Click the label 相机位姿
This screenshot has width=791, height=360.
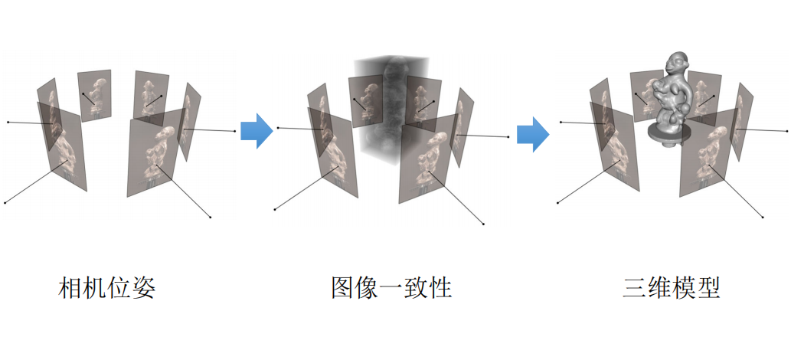[x=107, y=289]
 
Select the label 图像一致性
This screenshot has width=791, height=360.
[x=391, y=289]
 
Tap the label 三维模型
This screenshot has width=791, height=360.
[x=671, y=289]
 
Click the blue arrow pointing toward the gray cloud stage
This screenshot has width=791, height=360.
[x=257, y=131]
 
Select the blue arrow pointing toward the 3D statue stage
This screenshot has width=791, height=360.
[x=533, y=135]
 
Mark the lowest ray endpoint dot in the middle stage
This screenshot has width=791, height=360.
[x=483, y=224]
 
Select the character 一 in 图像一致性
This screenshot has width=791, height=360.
[x=391, y=289]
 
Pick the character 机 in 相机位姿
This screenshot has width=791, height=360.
[x=95, y=289]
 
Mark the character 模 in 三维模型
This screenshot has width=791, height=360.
[x=683, y=289]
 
